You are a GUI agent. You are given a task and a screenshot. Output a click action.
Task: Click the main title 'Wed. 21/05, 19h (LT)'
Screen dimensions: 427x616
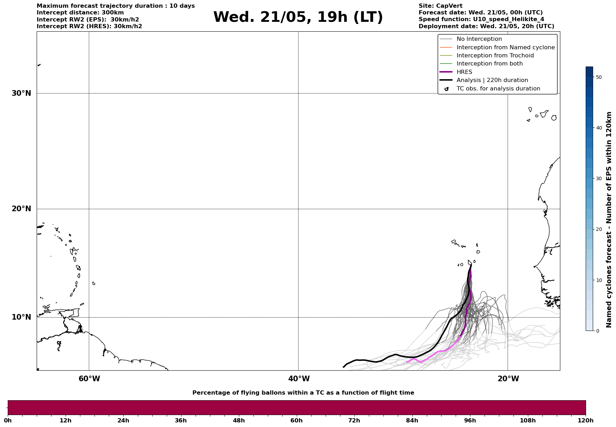click(298, 17)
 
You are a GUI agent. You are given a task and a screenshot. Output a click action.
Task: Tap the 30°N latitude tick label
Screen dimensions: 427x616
click(21, 93)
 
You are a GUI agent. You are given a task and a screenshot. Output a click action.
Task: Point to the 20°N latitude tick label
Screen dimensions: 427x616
click(21, 209)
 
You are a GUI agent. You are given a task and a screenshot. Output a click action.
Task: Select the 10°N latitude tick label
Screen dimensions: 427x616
click(21, 317)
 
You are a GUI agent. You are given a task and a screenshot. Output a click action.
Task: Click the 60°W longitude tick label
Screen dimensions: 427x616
click(89, 379)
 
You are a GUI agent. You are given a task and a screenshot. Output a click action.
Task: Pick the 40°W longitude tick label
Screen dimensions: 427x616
click(299, 379)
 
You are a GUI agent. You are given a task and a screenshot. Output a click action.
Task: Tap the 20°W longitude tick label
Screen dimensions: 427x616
click(508, 379)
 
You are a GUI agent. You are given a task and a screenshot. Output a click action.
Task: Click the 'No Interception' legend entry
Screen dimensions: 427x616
click(479, 39)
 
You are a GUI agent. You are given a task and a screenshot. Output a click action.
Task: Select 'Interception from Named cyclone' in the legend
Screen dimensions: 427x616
click(505, 48)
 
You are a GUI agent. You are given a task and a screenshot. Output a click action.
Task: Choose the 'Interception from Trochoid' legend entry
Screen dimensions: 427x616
click(495, 56)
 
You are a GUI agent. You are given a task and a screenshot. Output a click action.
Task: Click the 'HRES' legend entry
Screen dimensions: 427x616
click(464, 72)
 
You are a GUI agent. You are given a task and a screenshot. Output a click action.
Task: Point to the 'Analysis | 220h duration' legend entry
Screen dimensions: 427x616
click(492, 80)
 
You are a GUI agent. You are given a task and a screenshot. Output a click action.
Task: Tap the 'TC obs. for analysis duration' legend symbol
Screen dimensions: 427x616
click(446, 89)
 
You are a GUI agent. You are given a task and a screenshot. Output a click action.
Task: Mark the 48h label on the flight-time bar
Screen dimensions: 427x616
click(239, 420)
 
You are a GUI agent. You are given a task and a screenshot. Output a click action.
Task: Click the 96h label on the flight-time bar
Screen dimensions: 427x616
click(470, 420)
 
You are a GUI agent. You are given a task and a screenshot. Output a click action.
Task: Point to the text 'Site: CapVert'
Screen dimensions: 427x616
click(441, 6)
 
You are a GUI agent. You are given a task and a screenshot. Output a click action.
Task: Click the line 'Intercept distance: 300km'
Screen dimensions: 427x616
click(80, 13)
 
